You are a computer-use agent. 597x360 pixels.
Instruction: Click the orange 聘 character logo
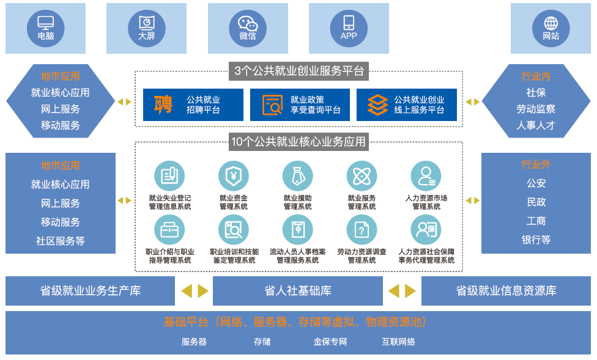163,105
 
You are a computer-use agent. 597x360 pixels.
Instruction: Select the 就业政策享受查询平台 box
300,105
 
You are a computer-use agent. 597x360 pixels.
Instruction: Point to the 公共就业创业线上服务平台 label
419,105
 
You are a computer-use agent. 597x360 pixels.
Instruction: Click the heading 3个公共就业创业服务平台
298,71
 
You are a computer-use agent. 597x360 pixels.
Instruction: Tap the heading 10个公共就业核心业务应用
298,142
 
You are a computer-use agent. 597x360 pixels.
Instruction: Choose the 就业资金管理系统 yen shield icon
234,176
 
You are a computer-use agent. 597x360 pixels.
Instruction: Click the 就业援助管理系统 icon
298,176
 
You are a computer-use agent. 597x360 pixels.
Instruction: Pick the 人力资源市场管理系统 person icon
426,176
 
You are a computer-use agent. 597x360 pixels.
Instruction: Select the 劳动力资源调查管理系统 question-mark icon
362,230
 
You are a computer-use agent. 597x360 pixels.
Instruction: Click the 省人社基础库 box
298,291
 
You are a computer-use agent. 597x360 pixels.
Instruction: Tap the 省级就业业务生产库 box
90,291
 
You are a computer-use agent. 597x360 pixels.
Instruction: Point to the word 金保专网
330,342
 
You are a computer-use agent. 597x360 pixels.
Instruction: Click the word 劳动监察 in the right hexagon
536,109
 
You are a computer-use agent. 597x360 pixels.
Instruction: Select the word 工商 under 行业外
536,221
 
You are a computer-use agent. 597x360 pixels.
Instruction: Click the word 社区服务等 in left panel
60,241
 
